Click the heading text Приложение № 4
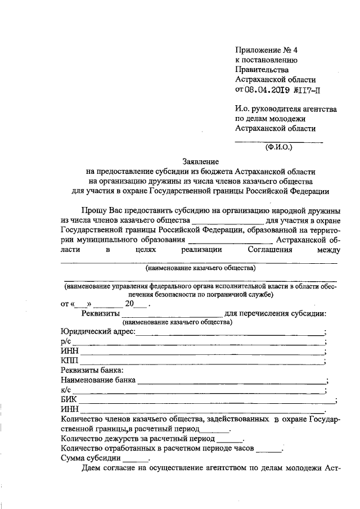[x=265, y=49]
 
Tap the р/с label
[x=65, y=342]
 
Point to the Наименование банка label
[x=98, y=380]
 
